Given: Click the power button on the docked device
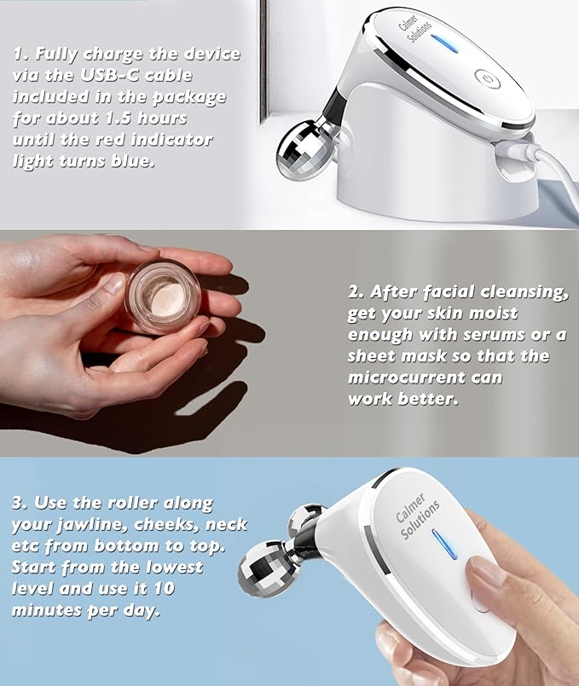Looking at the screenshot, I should click(x=488, y=78).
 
